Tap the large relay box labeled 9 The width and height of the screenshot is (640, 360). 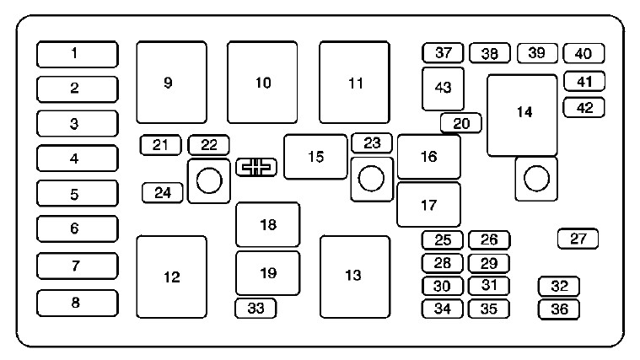click(171, 82)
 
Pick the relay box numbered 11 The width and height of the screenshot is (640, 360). click(354, 82)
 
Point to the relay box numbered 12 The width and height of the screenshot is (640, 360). click(171, 277)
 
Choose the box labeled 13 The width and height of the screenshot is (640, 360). click(354, 276)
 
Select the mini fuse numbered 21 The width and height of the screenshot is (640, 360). click(160, 145)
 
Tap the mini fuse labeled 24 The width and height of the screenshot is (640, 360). click(163, 192)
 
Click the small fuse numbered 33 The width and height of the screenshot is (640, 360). click(255, 309)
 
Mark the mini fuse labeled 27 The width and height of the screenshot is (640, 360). click(578, 239)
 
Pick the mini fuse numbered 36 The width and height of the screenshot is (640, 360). click(558, 309)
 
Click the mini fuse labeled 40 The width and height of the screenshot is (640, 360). click(583, 53)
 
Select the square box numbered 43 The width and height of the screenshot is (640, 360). click(443, 88)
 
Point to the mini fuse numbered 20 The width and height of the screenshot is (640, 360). click(460, 123)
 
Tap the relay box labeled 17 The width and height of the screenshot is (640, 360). click(428, 204)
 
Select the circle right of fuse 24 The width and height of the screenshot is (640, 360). click(208, 180)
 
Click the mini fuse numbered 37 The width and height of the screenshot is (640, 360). click(444, 53)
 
